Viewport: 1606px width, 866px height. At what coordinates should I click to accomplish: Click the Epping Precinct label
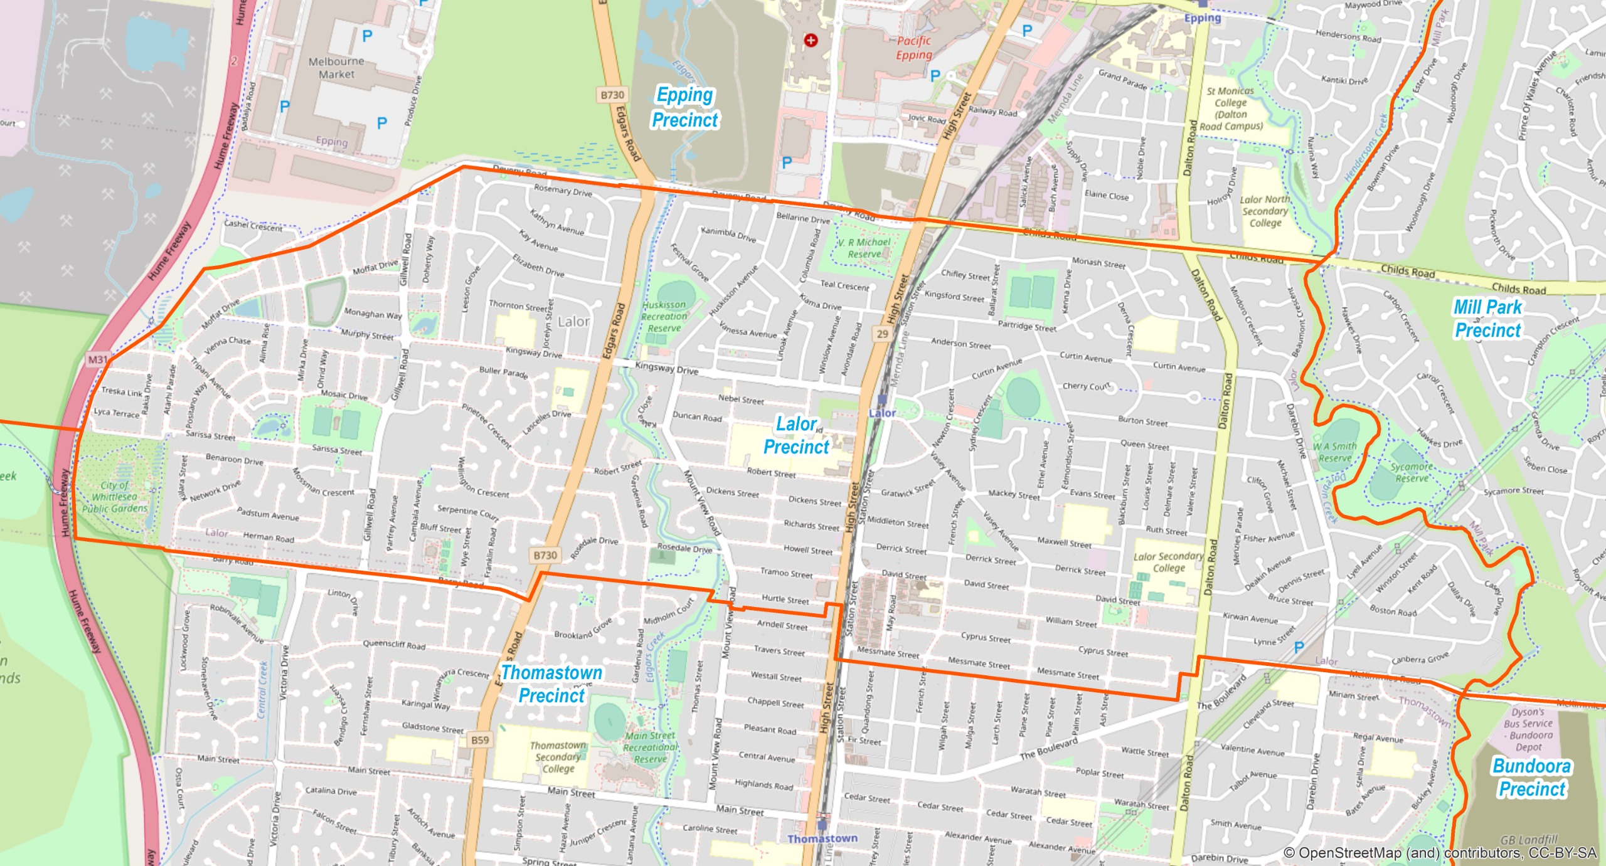pyautogui.click(x=684, y=107)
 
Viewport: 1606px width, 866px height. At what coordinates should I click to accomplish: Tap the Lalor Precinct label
pyautogui.click(x=796, y=435)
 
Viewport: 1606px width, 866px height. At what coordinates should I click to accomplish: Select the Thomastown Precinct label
pyautogui.click(x=551, y=684)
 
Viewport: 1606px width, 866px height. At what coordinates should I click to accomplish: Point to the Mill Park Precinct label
pyautogui.click(x=1487, y=319)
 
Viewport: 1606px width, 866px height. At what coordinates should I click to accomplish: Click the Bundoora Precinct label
pyautogui.click(x=1531, y=777)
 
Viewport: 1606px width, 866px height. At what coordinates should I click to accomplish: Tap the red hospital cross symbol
pyautogui.click(x=811, y=40)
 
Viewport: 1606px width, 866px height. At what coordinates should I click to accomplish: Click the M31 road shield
pyautogui.click(x=98, y=359)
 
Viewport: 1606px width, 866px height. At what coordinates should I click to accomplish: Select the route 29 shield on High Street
pyautogui.click(x=882, y=334)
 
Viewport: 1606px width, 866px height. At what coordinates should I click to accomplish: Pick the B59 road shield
pyautogui.click(x=480, y=740)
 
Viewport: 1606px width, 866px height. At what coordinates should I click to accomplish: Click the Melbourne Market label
pyautogui.click(x=336, y=68)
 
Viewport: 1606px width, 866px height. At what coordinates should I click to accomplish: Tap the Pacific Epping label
pyautogui.click(x=913, y=48)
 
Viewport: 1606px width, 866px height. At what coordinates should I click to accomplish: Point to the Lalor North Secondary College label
pyautogui.click(x=1265, y=211)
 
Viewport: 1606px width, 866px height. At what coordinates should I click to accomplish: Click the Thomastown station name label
pyautogui.click(x=822, y=838)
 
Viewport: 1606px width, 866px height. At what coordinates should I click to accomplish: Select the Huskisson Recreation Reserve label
pyautogui.click(x=664, y=316)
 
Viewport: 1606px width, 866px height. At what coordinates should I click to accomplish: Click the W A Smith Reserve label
pyautogui.click(x=1335, y=452)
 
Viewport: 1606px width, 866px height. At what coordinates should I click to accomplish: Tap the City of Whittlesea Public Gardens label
pyautogui.click(x=115, y=497)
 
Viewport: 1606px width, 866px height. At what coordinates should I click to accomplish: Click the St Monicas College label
pyautogui.click(x=1230, y=108)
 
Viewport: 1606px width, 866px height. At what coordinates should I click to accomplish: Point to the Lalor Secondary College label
pyautogui.click(x=1168, y=562)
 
